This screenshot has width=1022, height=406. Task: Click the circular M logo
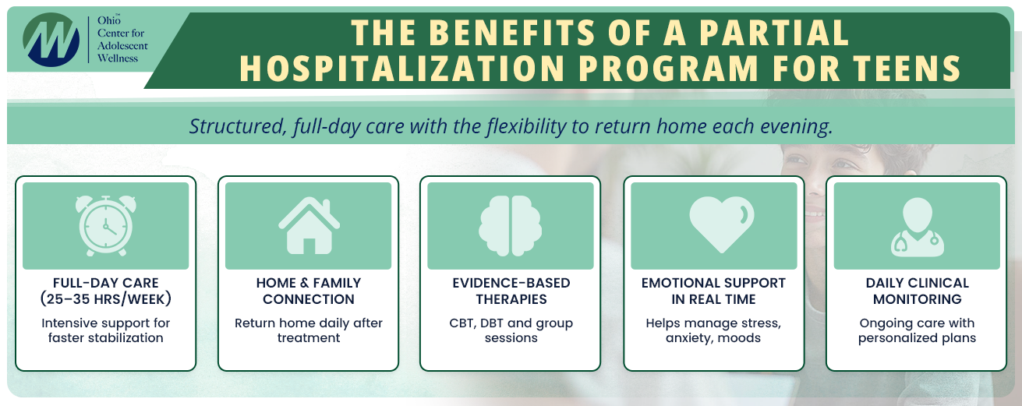51,39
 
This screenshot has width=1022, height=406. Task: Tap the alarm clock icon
105,226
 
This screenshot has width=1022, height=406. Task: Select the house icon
309,225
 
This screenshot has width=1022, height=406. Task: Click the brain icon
511,226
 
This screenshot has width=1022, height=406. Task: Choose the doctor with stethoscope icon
917,226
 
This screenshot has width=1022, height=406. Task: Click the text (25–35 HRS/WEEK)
105,299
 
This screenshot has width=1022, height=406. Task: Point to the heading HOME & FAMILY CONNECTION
309,291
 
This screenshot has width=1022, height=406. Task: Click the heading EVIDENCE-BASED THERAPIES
511,291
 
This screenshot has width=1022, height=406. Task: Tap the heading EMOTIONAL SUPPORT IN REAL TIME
713,291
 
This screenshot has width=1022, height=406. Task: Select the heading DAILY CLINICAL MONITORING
917,291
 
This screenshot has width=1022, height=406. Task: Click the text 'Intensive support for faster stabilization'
105,330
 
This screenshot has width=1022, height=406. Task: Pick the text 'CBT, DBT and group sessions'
511,330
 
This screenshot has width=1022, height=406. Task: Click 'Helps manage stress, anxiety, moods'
713,330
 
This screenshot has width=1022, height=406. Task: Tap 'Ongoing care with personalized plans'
917,330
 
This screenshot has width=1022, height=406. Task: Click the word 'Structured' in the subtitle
235,126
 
